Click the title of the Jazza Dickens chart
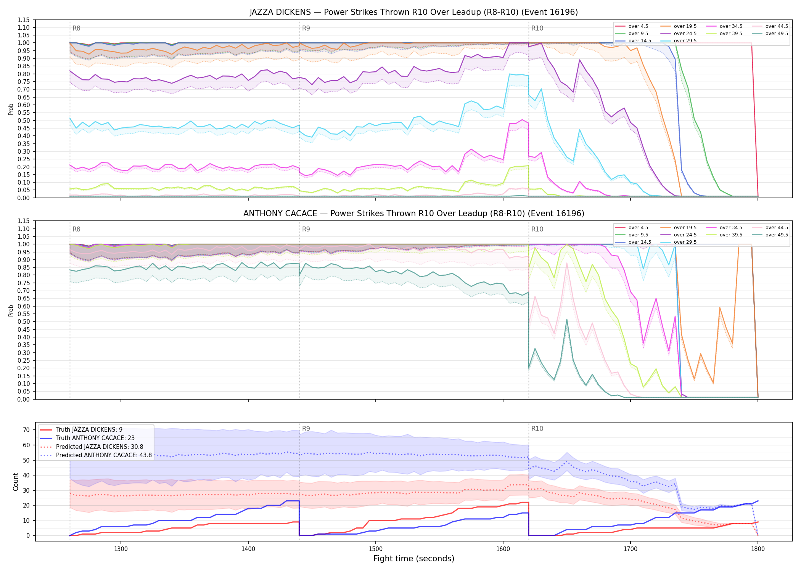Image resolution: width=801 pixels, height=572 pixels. pos(414,12)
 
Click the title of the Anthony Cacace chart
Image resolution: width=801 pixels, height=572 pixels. pos(414,214)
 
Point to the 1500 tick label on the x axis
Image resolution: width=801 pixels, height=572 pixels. pos(376,549)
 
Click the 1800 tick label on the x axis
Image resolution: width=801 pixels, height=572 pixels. pos(758,549)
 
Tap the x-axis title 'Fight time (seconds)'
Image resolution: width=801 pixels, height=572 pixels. pos(414,559)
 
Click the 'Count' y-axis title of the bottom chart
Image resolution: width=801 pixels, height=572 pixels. pos(16,482)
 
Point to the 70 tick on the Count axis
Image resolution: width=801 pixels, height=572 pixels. pos(26,430)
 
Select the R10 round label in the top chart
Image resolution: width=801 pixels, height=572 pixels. pos(537,28)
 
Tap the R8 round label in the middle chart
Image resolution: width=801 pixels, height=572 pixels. pos(76,229)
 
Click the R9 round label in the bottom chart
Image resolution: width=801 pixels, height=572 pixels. pos(306,429)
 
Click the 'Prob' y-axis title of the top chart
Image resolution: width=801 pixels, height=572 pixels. pos(11,109)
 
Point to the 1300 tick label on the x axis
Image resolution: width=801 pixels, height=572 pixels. pos(121,549)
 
